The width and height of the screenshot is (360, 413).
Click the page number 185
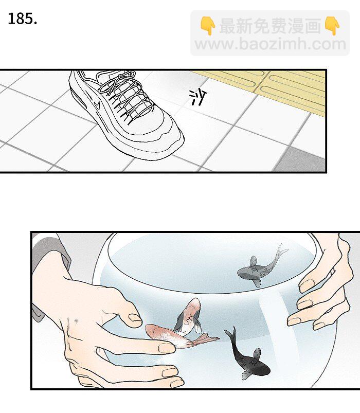pos(23,19)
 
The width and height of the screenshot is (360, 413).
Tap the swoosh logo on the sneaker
pos(97,105)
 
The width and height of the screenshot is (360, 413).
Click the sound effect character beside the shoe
pos(198,97)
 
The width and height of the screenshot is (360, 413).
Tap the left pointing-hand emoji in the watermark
pos(208,26)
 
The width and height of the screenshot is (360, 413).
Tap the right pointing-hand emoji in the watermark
pos(332,26)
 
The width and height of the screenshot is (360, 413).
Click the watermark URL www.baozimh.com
pos(270,44)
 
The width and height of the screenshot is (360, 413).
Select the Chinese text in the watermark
pos(270,26)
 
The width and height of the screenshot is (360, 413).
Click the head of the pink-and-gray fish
pos(193,306)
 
